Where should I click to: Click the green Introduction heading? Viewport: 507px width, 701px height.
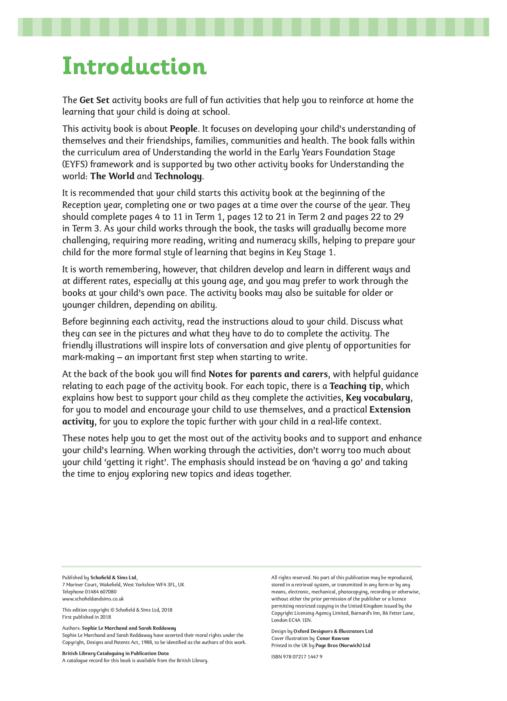pyautogui.click(x=134, y=66)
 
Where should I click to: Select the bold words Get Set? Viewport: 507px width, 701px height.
pyautogui.click(x=94, y=100)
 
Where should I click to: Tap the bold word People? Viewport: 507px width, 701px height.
pyautogui.click(x=183, y=129)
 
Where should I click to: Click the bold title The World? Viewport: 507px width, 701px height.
pyautogui.click(x=112, y=176)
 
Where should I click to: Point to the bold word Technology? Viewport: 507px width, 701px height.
pyautogui.click(x=178, y=176)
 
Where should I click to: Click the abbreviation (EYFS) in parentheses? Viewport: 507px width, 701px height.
pyautogui.click(x=75, y=164)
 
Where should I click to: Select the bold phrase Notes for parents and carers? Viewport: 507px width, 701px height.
pyautogui.click(x=268, y=374)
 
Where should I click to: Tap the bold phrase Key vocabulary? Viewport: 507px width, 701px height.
pyautogui.click(x=378, y=398)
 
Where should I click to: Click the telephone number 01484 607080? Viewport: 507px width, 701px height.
pyautogui.click(x=101, y=592)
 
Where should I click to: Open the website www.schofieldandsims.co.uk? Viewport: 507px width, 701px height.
pyautogui.click(x=93, y=599)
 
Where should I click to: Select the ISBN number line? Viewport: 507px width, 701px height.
pyautogui.click(x=297, y=657)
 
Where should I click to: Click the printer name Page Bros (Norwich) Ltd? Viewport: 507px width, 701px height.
pyautogui.click(x=342, y=645)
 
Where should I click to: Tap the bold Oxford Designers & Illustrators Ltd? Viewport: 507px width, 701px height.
pyautogui.click(x=333, y=631)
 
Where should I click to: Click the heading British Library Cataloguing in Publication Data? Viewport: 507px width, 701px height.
pyautogui.click(x=115, y=653)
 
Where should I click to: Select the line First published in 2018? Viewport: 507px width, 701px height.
pyautogui.click(x=86, y=617)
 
